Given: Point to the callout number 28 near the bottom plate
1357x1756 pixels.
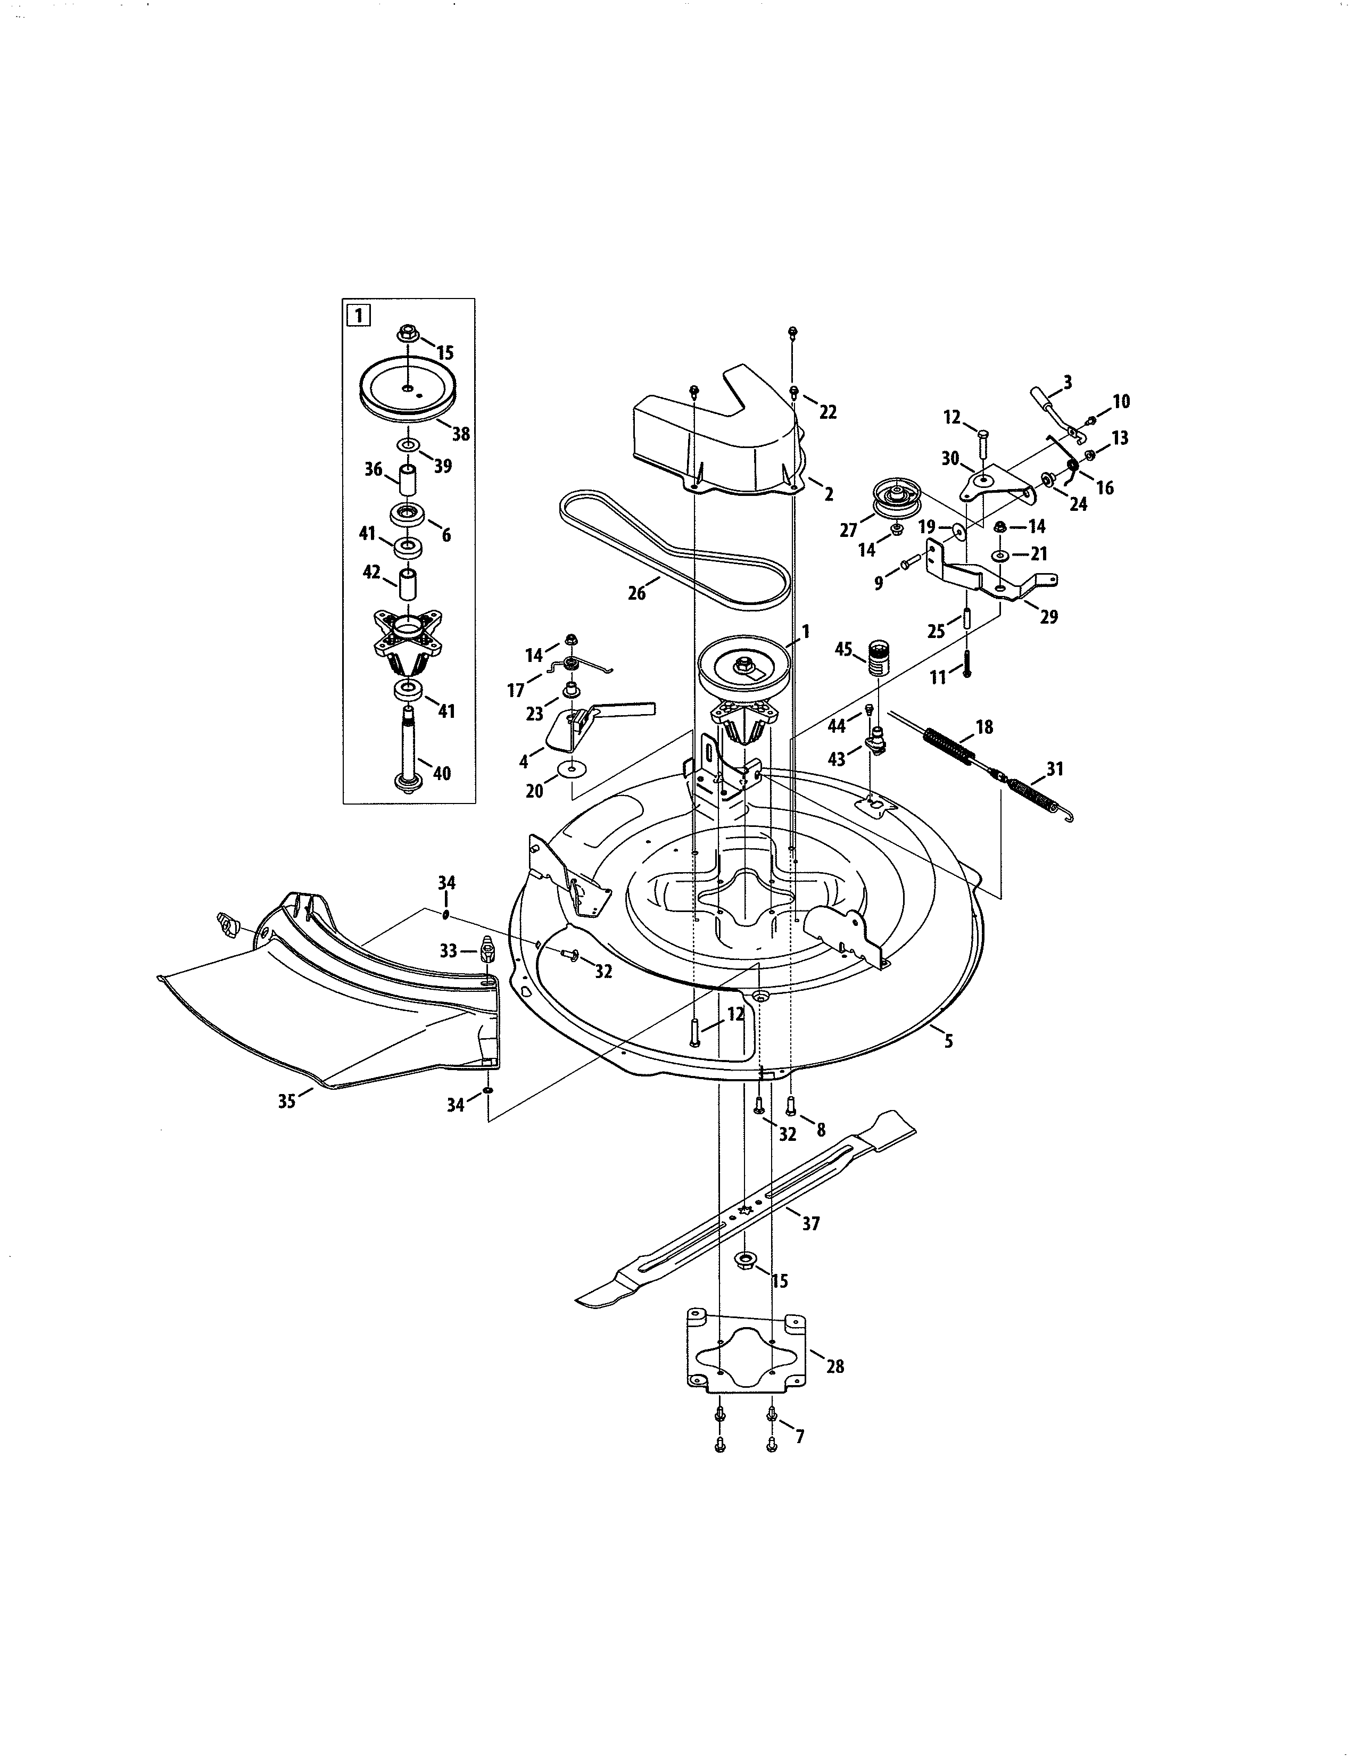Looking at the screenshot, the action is tap(835, 1365).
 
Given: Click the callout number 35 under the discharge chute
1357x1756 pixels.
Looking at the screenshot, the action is tap(286, 1101).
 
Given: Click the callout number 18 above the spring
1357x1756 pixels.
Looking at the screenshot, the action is tap(984, 727).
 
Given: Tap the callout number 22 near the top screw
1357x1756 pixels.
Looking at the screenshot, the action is tap(828, 412).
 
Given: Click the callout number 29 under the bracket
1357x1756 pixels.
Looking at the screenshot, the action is tap(1048, 617).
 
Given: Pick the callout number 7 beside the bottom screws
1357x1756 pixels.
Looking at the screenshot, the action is tap(799, 1436).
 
